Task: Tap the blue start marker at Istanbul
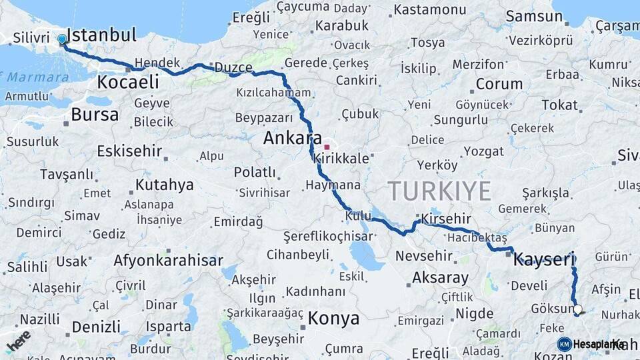pyautogui.click(x=62, y=39)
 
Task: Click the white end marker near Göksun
pyautogui.click(x=578, y=309)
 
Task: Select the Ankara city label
pyautogui.click(x=293, y=138)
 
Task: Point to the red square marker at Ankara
pyautogui.click(x=327, y=147)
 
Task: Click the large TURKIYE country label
pyautogui.click(x=440, y=191)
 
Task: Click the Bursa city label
pyautogui.click(x=95, y=114)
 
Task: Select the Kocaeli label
pyautogui.click(x=128, y=83)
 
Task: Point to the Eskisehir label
pyautogui.click(x=129, y=151)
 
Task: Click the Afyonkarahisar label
pyautogui.click(x=167, y=259)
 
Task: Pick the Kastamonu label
pyautogui.click(x=430, y=10)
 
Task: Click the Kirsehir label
pyautogui.click(x=446, y=219)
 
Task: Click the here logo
pyautogui.click(x=18, y=341)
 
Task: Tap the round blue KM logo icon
pyautogui.click(x=565, y=344)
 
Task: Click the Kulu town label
pyautogui.click(x=358, y=216)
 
